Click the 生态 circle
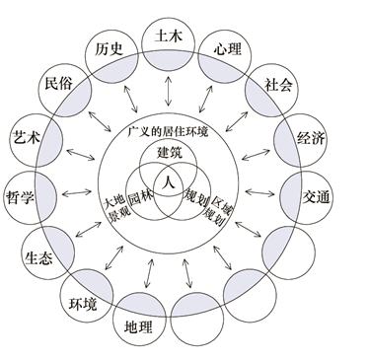[x=37, y=252]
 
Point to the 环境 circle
[x=81, y=302]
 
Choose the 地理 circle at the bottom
[x=134, y=325]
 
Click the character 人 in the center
[x=169, y=183]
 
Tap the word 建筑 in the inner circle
[x=170, y=154]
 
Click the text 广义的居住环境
[x=170, y=131]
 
